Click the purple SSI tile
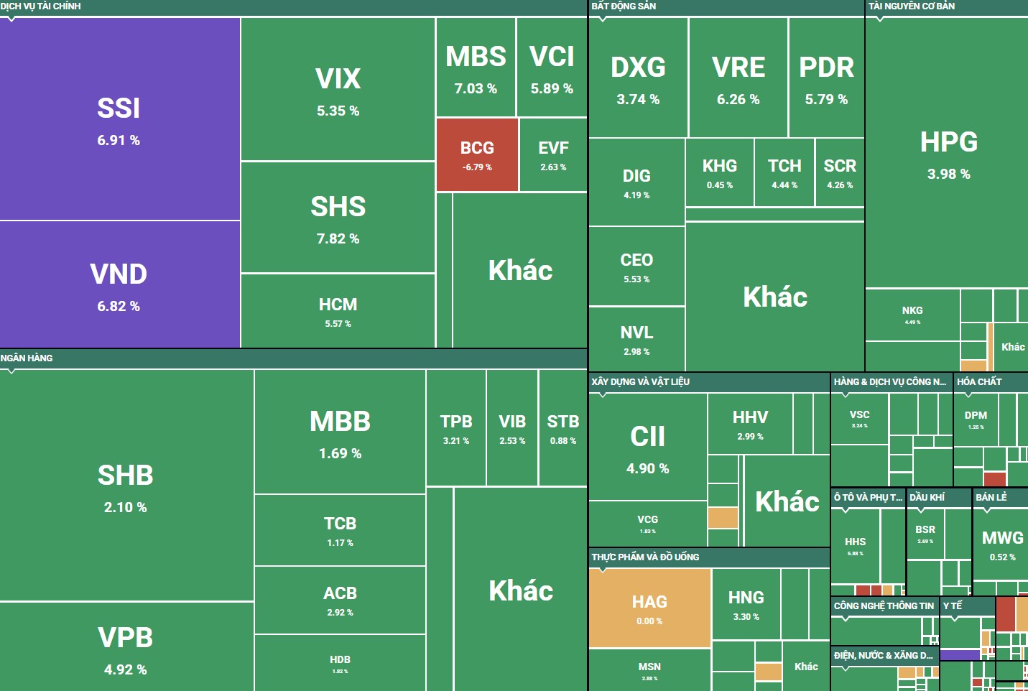pyautogui.click(x=119, y=119)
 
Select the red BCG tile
pyautogui.click(x=477, y=155)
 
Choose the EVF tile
pyautogui.click(x=553, y=155)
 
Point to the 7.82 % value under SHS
pyautogui.click(x=338, y=238)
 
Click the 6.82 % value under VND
pyautogui.click(x=119, y=306)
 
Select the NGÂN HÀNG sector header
pyautogui.click(x=27, y=358)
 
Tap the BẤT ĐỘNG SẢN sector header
pyautogui.click(x=624, y=6)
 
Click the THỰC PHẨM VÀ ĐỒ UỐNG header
pyautogui.click(x=645, y=557)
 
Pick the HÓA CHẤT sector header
pyautogui.click(x=978, y=381)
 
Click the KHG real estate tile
pyautogui.click(x=719, y=172)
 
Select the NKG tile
pyautogui.click(x=912, y=315)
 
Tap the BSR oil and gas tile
pyautogui.click(x=925, y=533)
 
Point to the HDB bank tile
pyautogui.click(x=340, y=663)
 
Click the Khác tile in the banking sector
pyautogui.click(x=521, y=590)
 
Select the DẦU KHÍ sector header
pyautogui.click(x=927, y=497)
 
